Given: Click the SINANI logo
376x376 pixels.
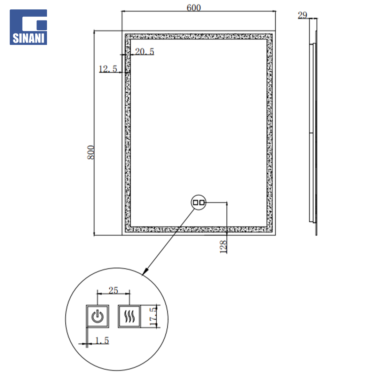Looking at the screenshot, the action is tap(28, 27).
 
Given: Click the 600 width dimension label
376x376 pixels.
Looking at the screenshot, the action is tap(194, 8).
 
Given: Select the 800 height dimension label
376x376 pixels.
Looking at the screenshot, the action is tap(91, 152).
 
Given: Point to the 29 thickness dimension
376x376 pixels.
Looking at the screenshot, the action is tap(303, 15).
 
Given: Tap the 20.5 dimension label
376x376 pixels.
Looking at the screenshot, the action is tap(144, 52).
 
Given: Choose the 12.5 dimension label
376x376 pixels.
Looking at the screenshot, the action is tap(108, 69).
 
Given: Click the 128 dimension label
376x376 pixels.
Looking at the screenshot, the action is tap(223, 247).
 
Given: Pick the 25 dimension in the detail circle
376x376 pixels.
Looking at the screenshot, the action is tap(113, 290).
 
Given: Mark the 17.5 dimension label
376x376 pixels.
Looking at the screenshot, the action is tap(153, 316).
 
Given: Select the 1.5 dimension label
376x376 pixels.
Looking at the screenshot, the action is tap(102, 340).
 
